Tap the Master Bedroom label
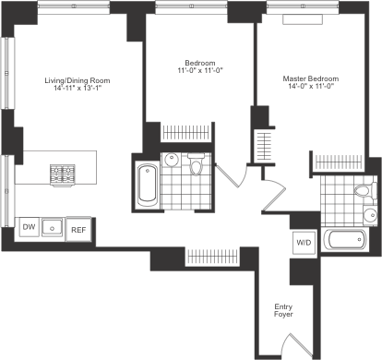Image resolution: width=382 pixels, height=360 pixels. (310, 78)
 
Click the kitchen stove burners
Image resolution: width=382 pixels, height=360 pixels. (63, 173)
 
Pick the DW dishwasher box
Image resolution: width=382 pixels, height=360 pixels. (29, 226)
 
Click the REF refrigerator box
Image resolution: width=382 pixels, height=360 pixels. (78, 226)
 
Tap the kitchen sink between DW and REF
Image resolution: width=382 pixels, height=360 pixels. (54, 226)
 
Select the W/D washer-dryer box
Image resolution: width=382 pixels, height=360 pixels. (302, 243)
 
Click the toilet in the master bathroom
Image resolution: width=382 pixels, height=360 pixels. (365, 191)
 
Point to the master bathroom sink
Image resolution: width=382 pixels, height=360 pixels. (369, 216)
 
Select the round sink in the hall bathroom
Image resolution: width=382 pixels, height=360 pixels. (172, 160)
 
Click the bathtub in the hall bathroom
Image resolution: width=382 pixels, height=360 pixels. (148, 185)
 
